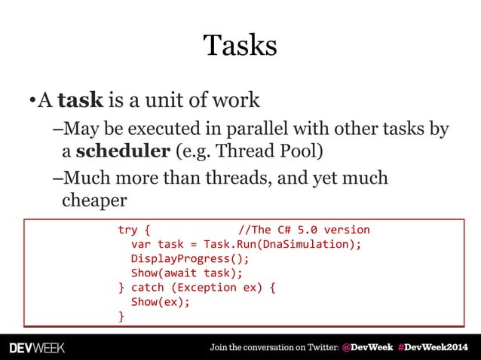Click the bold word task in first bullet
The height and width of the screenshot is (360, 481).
[81, 99]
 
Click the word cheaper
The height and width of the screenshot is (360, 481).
[94, 200]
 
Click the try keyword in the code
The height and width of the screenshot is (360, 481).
[127, 230]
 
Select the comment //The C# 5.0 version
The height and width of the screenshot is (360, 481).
[304, 230]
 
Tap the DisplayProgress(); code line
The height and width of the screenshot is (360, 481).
[190, 259]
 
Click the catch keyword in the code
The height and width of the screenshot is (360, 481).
[148, 288]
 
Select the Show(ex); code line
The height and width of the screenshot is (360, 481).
[161, 302]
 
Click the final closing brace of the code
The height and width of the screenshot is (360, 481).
[121, 316]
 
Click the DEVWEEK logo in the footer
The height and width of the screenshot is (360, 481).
[37, 348]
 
